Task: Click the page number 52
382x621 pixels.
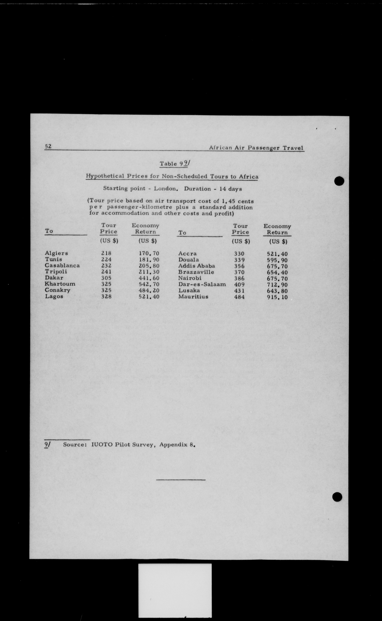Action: pos(48,146)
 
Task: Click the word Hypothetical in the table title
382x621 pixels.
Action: pos(105,176)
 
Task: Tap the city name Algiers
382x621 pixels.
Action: pos(56,253)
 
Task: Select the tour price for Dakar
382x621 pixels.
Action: pos(106,278)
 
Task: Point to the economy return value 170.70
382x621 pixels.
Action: pos(149,253)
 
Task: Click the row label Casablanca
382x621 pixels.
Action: pos(62,266)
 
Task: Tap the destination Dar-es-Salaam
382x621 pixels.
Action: pos(202,284)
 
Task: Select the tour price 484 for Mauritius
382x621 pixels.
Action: pos(239,297)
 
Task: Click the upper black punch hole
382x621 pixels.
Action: pos(339,181)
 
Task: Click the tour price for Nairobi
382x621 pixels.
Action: pos(239,278)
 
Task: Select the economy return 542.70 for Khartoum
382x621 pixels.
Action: pos(149,284)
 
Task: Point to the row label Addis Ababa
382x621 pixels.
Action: pos(197,266)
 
